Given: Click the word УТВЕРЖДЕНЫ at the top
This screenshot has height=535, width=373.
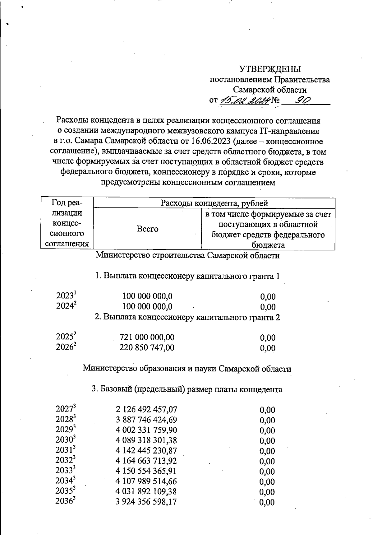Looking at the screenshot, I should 270,69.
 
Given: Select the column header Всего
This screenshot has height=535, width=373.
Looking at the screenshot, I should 147,229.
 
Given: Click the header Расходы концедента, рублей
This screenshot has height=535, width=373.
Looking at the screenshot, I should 214,203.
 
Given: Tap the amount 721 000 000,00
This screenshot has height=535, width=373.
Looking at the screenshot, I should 147,337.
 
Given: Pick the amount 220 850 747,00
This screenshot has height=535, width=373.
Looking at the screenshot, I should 147,347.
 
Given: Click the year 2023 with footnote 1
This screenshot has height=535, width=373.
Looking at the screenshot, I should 66,295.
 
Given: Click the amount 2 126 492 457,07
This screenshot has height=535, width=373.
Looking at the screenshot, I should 146,409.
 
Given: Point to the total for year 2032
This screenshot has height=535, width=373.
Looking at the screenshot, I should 146,461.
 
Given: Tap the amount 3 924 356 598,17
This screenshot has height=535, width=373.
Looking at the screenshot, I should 146,502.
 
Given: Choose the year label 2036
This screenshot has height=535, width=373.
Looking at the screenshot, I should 66,501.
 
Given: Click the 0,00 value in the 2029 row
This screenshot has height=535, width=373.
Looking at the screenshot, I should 267,430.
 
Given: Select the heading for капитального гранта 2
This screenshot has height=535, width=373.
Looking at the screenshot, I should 187,317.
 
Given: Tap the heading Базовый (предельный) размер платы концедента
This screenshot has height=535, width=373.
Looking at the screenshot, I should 187,389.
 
